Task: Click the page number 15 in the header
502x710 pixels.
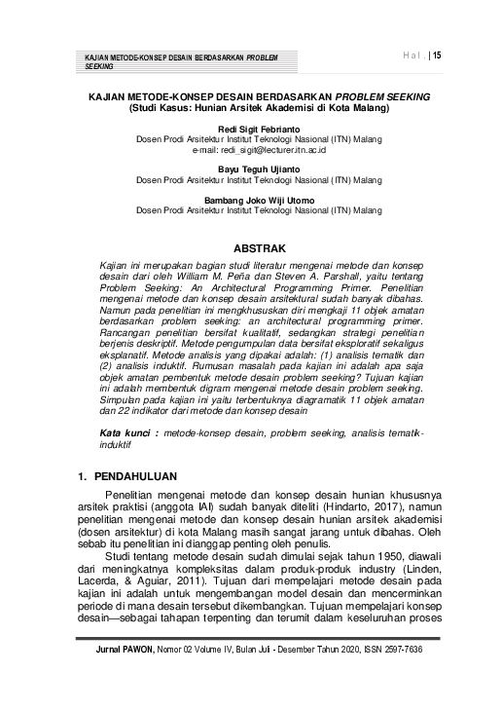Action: click(x=437, y=56)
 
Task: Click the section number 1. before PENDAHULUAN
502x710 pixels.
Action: click(x=83, y=477)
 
